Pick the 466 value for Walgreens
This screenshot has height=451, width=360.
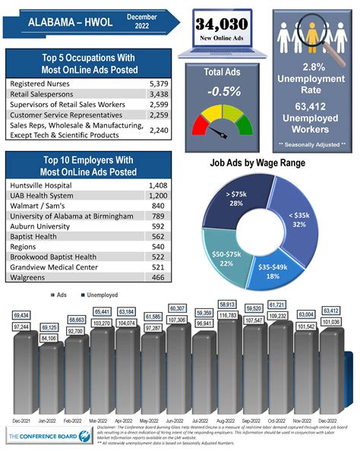156,279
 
